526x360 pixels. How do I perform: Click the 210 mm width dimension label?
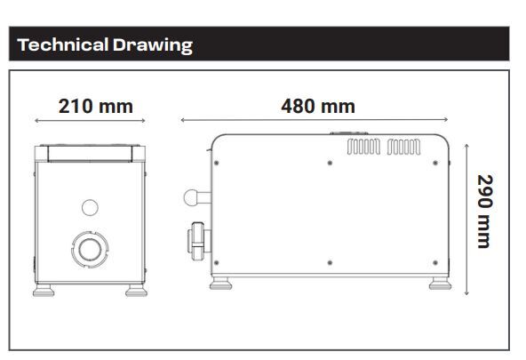click(95, 107)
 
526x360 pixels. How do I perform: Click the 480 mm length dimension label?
click(318, 107)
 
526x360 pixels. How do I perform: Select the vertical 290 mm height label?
click(484, 211)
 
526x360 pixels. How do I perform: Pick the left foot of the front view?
click(44, 289)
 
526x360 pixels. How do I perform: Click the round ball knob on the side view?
click(190, 198)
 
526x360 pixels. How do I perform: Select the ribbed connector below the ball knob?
click(197, 237)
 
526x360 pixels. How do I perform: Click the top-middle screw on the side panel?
click(330, 163)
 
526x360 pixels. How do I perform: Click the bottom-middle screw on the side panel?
click(330, 262)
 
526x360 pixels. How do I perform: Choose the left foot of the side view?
click(219, 284)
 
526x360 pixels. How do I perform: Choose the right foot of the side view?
click(438, 284)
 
